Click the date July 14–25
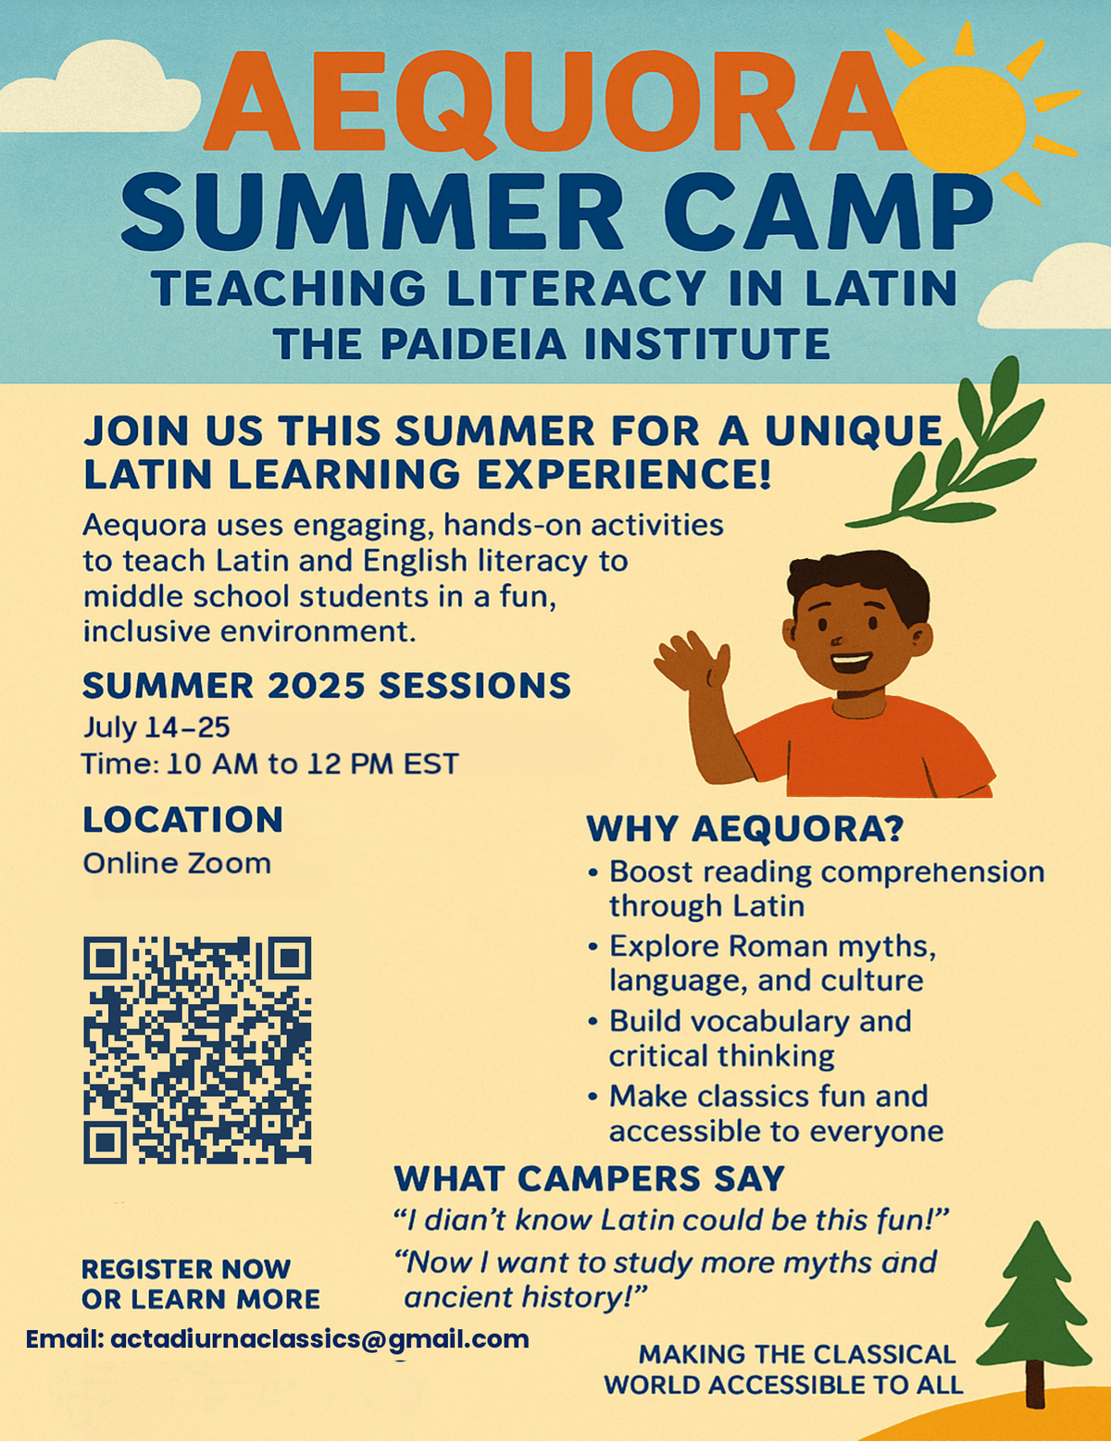click(x=156, y=727)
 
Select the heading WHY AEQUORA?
click(x=744, y=828)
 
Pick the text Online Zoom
click(x=177, y=864)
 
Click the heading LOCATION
click(x=182, y=820)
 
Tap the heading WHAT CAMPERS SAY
click(x=589, y=1179)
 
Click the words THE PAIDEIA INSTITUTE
click(x=552, y=344)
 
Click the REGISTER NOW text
click(x=186, y=1269)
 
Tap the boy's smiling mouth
click(x=850, y=663)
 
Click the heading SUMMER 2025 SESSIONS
click(x=326, y=686)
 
